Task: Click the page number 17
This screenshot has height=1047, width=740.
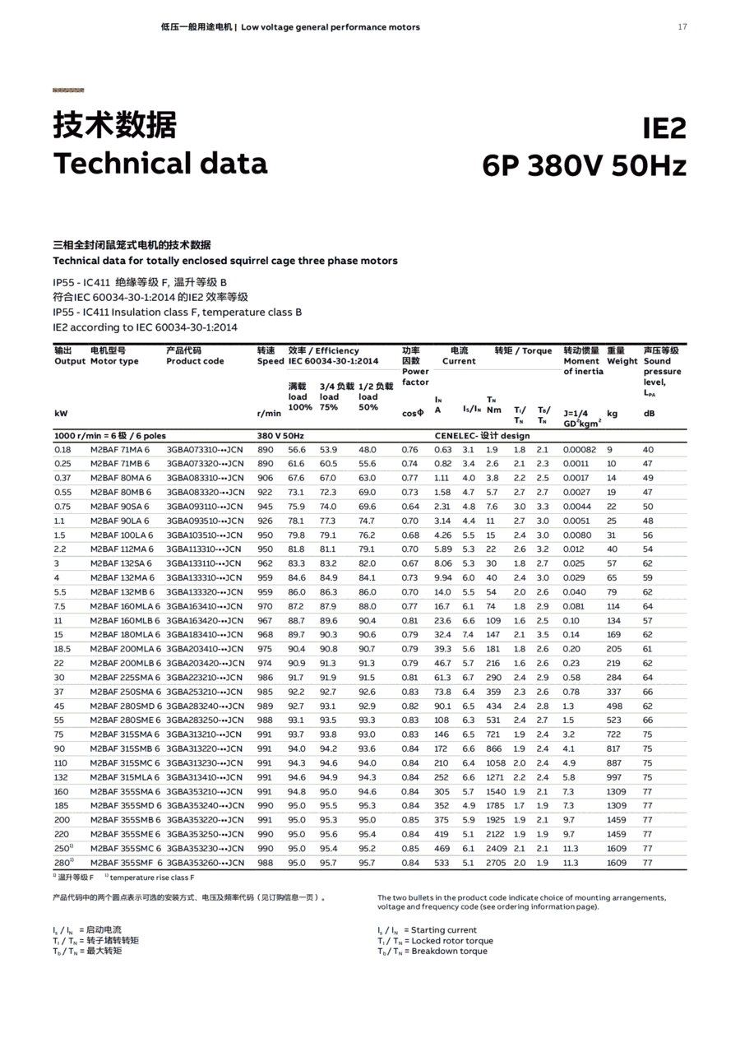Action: pyautogui.click(x=682, y=27)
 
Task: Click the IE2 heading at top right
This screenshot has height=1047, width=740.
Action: pyautogui.click(x=664, y=129)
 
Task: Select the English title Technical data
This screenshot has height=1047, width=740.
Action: pyautogui.click(x=160, y=163)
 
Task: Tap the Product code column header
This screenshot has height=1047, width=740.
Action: pyautogui.click(x=195, y=361)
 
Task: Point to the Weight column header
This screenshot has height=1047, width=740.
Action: pyautogui.click(x=622, y=361)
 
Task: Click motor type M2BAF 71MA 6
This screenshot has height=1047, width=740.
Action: pyautogui.click(x=120, y=450)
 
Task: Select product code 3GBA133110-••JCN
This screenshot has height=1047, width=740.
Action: pyautogui.click(x=204, y=563)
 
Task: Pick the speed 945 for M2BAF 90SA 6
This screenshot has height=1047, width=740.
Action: pyautogui.click(x=265, y=507)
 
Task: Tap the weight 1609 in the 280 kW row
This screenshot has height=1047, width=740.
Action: pyautogui.click(x=617, y=863)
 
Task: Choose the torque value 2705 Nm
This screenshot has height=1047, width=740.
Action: pyautogui.click(x=496, y=863)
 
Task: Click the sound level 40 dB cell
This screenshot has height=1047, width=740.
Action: pyautogui.click(x=648, y=450)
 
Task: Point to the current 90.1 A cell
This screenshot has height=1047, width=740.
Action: pyautogui.click(x=442, y=706)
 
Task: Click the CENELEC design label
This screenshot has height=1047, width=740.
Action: pyautogui.click(x=482, y=436)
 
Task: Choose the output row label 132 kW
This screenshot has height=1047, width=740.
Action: pyautogui.click(x=61, y=777)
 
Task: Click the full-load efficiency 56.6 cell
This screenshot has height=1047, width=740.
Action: pyautogui.click(x=297, y=450)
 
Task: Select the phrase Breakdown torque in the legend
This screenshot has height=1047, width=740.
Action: pyautogui.click(x=449, y=952)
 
